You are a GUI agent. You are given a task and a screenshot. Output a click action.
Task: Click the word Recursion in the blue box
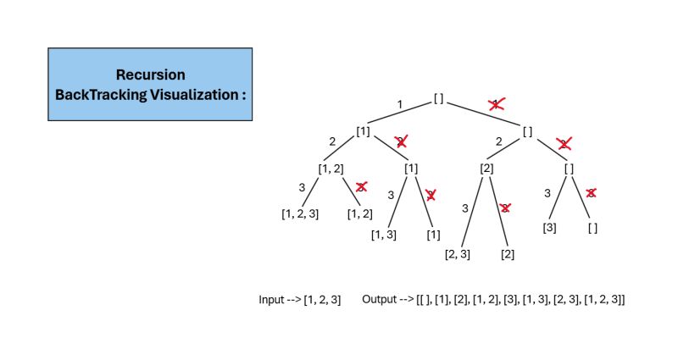(x=150, y=75)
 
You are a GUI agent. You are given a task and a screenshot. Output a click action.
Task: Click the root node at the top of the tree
(x=438, y=98)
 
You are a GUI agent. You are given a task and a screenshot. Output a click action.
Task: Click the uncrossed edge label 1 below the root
(x=400, y=105)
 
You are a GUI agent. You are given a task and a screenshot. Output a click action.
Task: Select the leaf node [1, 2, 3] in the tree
(x=300, y=213)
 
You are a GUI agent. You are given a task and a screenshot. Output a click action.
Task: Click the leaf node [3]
(x=550, y=228)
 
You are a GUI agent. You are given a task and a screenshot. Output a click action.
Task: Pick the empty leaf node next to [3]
(x=592, y=228)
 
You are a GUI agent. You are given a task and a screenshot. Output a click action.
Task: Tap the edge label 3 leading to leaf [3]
(x=547, y=193)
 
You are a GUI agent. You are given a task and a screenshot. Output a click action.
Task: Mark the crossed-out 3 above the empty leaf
(x=591, y=193)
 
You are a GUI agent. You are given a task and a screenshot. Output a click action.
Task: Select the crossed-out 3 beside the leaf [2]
(x=505, y=208)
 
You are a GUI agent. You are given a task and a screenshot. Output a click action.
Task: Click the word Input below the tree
(x=273, y=300)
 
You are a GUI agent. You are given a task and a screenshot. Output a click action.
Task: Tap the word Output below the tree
(x=378, y=300)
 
